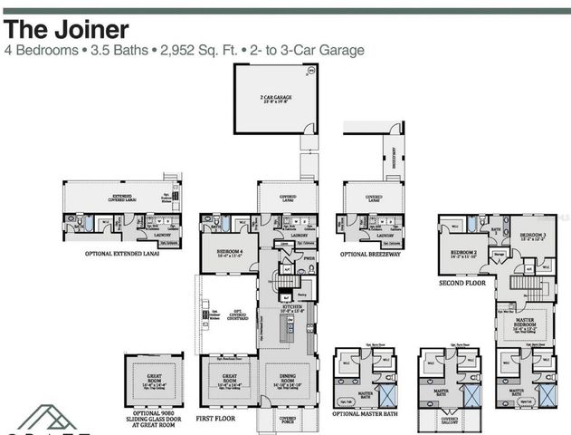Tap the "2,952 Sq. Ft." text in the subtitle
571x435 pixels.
[x=204, y=51]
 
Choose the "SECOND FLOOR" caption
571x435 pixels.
[x=462, y=283]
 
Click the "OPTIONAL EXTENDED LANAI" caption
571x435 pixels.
[x=121, y=255]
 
